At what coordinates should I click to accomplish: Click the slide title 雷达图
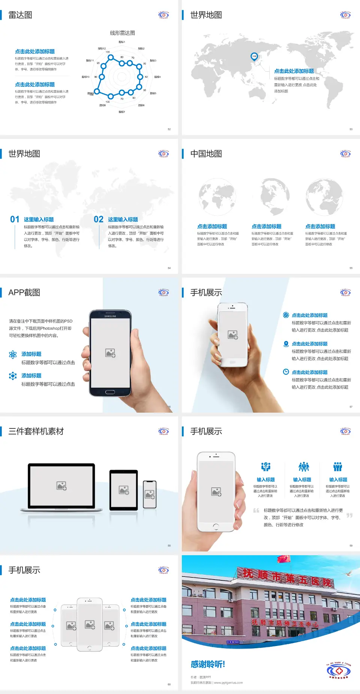click(x=20, y=15)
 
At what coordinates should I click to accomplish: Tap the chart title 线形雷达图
click(x=122, y=33)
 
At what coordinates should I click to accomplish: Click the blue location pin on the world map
click(x=254, y=56)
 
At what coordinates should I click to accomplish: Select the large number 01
click(x=15, y=219)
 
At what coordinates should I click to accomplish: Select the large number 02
click(x=99, y=219)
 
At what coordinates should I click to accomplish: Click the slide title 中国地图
click(x=206, y=154)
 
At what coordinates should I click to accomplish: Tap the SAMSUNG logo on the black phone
click(x=110, y=316)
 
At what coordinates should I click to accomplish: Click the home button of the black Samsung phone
click(x=110, y=392)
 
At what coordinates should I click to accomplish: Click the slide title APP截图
click(x=24, y=293)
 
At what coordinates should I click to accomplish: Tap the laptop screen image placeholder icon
click(x=61, y=486)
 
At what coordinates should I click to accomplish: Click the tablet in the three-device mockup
click(x=124, y=490)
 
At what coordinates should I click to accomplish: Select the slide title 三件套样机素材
click(x=36, y=431)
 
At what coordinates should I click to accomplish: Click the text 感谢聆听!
click(x=208, y=664)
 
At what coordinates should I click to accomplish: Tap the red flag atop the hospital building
click(x=284, y=559)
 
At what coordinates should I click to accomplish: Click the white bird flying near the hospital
click(x=348, y=573)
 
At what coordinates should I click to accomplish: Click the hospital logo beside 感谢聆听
click(x=339, y=671)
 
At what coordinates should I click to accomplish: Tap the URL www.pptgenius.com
click(x=228, y=683)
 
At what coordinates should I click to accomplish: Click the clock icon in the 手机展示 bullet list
click(x=286, y=372)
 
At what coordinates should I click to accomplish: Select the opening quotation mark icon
click(x=256, y=510)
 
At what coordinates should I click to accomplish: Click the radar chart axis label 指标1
click(x=122, y=42)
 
